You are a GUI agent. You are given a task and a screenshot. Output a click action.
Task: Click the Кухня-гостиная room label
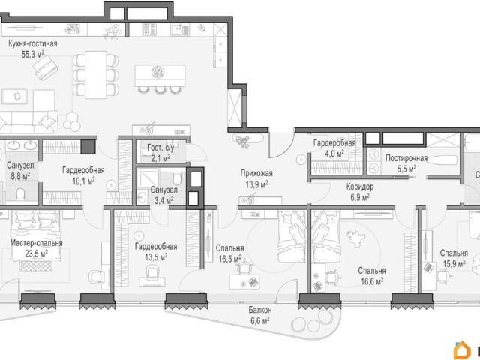33,43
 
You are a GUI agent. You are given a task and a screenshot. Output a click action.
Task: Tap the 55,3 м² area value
33,55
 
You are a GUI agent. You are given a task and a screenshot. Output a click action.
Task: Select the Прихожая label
256,173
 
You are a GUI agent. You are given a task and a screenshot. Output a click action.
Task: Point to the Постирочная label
406,158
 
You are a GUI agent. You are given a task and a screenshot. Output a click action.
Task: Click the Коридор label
360,187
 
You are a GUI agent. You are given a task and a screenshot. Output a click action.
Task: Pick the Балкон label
260,310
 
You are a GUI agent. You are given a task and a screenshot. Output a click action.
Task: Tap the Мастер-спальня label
37,243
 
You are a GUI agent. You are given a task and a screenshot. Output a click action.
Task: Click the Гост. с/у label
160,148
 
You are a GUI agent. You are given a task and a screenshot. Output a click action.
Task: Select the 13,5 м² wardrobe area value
156,256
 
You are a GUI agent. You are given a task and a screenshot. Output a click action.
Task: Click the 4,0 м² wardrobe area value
334,154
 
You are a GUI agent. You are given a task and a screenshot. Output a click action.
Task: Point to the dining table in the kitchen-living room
96,75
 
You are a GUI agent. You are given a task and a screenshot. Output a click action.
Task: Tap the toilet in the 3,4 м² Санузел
177,178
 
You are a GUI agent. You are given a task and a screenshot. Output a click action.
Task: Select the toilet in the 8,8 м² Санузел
20,193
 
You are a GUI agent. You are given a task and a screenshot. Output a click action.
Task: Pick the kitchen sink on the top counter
181,30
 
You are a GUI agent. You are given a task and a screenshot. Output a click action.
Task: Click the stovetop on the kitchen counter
150,30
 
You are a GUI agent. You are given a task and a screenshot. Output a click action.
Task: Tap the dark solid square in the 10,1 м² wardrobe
88,147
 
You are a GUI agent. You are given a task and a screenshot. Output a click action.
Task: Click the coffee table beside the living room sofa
14,96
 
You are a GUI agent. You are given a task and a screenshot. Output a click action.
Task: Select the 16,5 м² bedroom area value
230,259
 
